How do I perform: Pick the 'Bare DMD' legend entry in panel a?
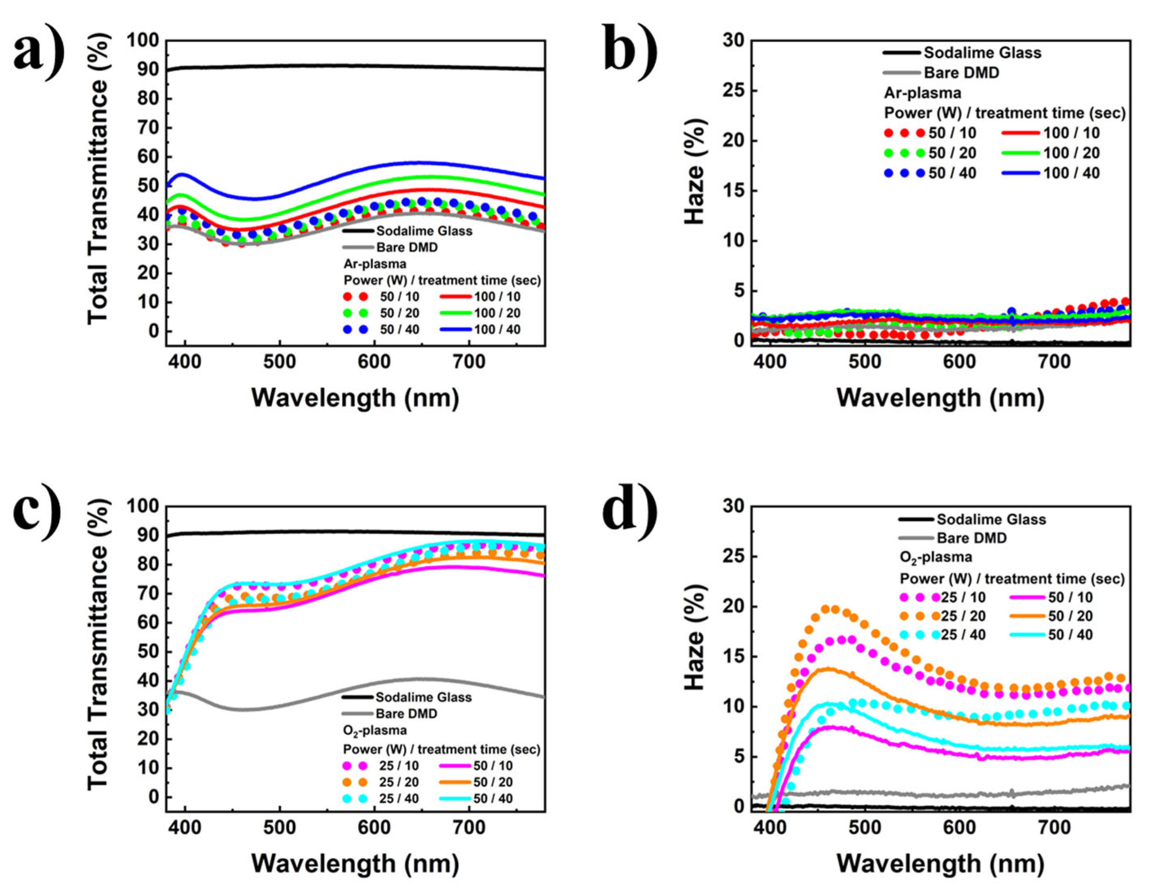406,247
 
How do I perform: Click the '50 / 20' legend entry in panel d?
1070,616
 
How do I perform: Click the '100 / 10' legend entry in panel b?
1071,133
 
